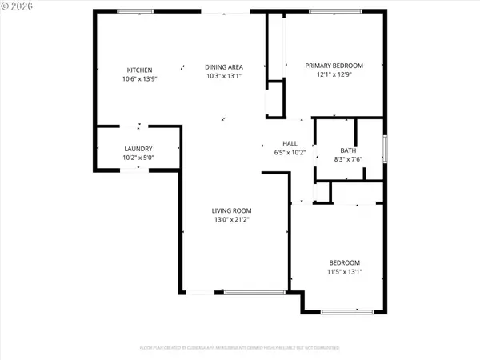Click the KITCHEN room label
tap(139, 70)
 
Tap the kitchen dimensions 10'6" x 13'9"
tap(139, 78)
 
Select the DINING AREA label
tap(224, 66)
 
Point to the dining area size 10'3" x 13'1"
tap(224, 75)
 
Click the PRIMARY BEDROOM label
tap(335, 66)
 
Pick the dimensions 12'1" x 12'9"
tap(335, 74)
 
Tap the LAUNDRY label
tap(138, 149)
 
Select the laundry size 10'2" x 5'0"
tap(138, 158)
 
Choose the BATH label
tap(348, 150)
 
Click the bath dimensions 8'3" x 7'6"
tap(348, 158)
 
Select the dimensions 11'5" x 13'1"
tap(345, 271)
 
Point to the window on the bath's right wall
tap(385, 148)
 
